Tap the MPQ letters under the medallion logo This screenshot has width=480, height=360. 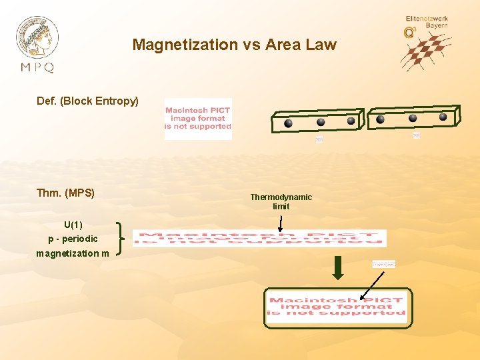pos(37,67)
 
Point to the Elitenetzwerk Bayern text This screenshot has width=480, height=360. pos(427,22)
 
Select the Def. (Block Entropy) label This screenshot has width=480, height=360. pos(88,101)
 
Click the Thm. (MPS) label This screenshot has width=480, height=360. pos(65,193)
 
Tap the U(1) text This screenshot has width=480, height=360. pos(73,224)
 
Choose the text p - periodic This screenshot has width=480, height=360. pos(73,239)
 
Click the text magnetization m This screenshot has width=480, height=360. pos(73,253)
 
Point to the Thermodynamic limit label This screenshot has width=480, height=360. pos(281,201)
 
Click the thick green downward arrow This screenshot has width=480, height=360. pos(338,268)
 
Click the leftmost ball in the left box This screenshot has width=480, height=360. pos(288,123)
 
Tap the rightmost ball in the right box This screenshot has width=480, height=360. pos(443,117)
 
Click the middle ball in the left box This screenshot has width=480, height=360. pos(320,122)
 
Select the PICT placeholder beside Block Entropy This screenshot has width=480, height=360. pos(198,119)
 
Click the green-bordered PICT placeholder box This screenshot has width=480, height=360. pos(337,307)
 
